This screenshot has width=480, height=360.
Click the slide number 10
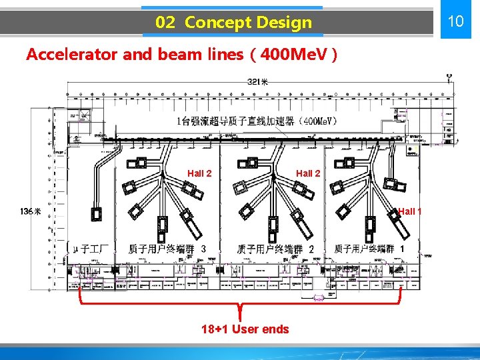[x=455, y=21]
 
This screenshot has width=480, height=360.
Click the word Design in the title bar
[x=282, y=23]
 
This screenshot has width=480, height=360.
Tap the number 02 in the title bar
[x=165, y=23]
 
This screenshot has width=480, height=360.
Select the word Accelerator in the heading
[x=72, y=55]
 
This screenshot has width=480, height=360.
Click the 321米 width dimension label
[x=258, y=82]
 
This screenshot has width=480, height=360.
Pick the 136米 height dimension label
[x=31, y=211]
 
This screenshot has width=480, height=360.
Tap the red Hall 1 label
[x=410, y=211]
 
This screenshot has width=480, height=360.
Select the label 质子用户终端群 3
[x=166, y=249]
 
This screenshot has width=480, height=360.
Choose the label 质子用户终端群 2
[x=275, y=249]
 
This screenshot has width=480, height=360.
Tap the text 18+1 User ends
[x=245, y=329]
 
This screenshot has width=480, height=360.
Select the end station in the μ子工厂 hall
[x=98, y=214]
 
